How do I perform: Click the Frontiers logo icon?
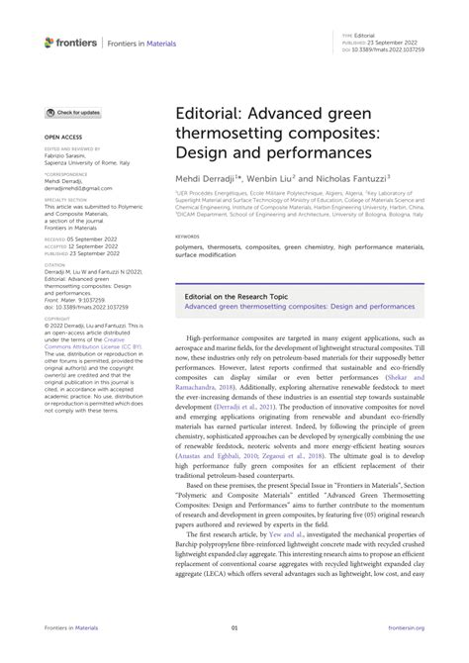[50, 42]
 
